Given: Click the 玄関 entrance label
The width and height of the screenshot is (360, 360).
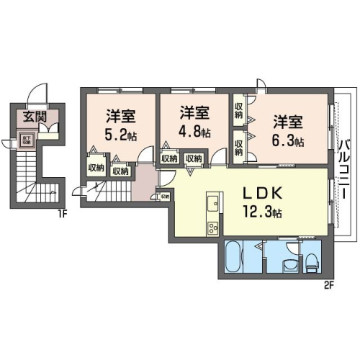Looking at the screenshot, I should tap(30, 117).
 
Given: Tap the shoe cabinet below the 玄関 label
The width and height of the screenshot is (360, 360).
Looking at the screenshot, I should tap(50, 130).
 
